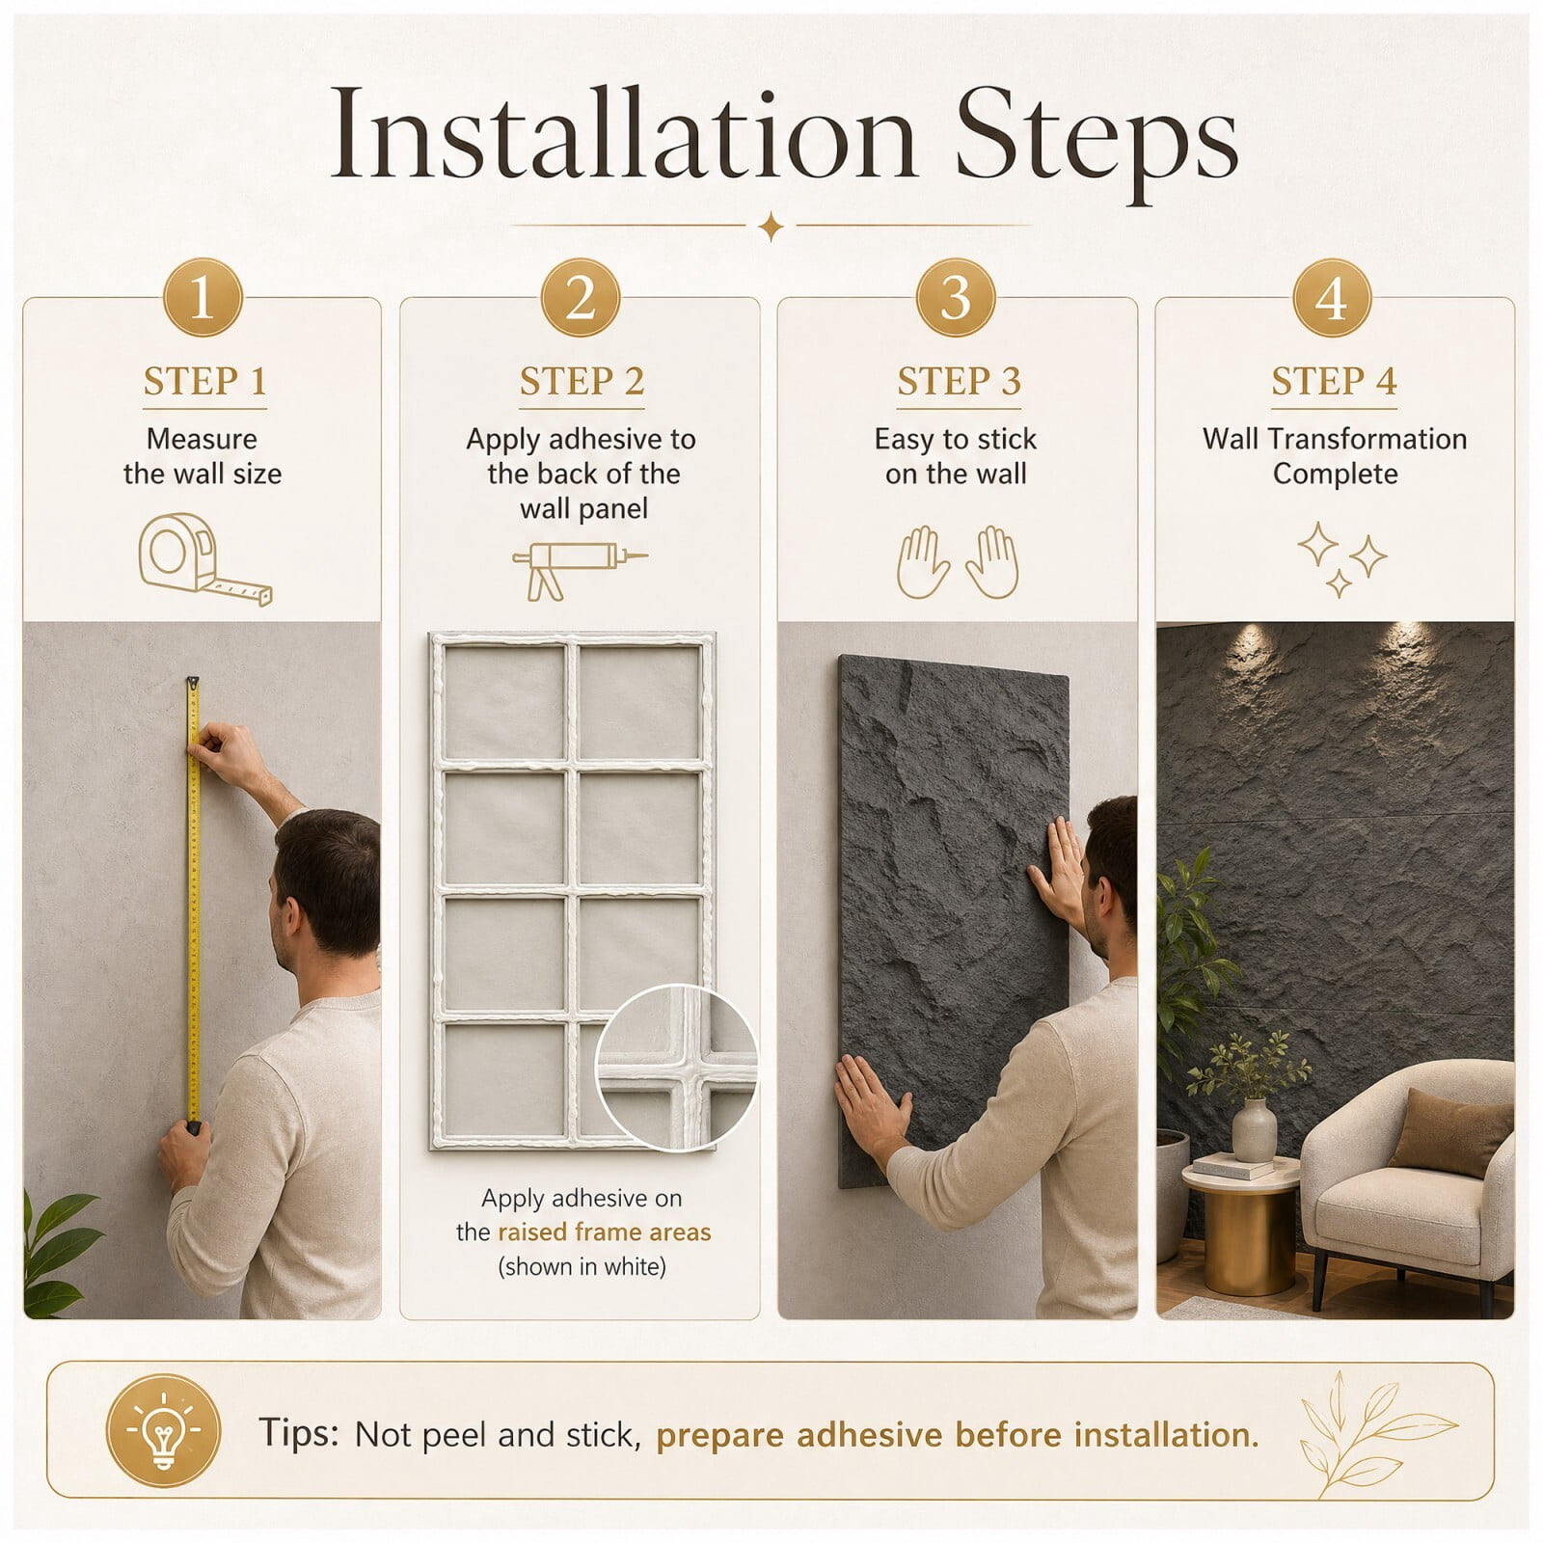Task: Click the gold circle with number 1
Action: click(x=202, y=297)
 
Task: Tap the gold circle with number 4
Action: click(x=1332, y=297)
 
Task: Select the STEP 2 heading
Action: click(x=582, y=382)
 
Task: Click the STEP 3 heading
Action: click(x=959, y=382)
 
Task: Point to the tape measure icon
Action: click(x=204, y=559)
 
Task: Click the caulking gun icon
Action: click(x=579, y=569)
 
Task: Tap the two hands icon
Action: click(x=957, y=561)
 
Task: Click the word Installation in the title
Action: click(x=621, y=134)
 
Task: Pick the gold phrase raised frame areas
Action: click(x=605, y=1232)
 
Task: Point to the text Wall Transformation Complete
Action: click(x=1335, y=456)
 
